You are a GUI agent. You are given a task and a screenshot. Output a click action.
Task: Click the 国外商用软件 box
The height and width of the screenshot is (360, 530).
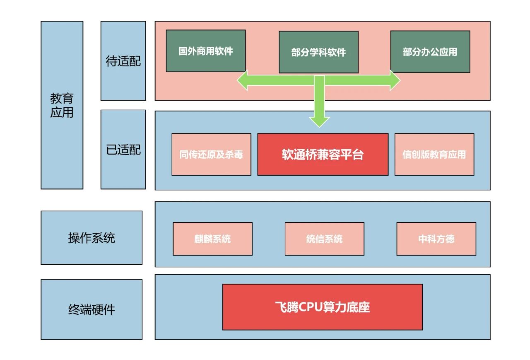point(205,51)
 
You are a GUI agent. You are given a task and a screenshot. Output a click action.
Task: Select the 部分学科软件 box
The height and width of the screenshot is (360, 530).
point(318,52)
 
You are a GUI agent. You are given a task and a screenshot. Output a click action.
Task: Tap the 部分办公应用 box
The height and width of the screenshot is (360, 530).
point(430,52)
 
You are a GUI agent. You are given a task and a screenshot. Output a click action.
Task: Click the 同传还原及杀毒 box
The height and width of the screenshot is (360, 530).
point(211,154)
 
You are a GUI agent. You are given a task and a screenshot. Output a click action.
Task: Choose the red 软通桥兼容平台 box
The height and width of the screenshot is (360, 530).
point(323,154)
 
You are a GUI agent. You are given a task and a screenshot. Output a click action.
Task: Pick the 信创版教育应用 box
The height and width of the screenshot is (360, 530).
point(434,154)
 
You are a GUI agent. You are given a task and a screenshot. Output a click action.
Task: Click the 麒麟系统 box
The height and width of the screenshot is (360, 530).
point(212,239)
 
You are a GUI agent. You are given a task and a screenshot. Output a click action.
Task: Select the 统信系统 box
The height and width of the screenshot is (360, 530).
point(324,239)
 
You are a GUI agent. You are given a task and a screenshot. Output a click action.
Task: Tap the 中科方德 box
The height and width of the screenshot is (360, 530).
point(436,239)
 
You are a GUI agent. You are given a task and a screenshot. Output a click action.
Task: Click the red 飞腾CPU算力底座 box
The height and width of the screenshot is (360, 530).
point(322,307)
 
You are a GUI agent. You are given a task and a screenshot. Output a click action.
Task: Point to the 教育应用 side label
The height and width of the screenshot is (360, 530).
point(62,105)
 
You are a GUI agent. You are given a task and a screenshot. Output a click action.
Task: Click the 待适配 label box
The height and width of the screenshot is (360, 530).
point(123,61)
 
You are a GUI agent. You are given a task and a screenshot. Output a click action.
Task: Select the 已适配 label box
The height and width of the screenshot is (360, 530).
point(123,150)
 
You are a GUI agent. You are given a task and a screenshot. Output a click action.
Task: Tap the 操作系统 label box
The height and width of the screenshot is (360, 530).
point(91,238)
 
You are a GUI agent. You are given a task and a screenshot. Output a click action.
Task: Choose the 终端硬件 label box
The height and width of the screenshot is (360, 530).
point(91,309)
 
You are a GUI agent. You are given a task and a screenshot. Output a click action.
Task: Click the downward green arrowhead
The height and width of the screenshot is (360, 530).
point(319,121)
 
